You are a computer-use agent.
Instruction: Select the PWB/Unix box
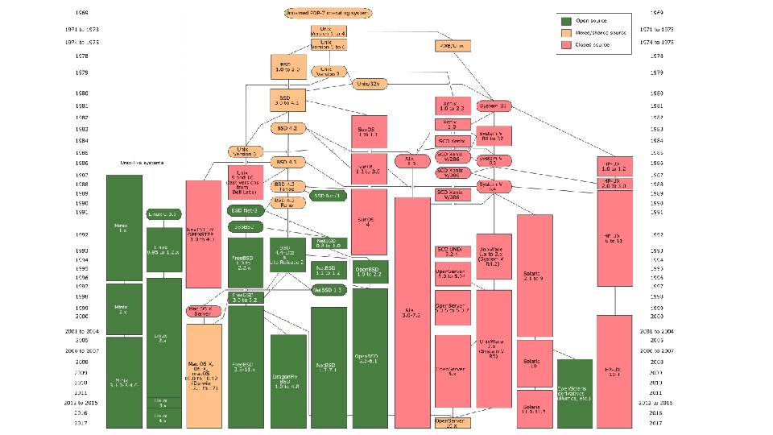click(x=453, y=45)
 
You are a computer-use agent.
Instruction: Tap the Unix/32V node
click(x=372, y=83)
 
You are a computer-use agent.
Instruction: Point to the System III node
click(x=494, y=106)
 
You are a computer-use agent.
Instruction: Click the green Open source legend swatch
click(x=567, y=20)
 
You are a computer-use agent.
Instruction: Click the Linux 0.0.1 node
click(x=163, y=213)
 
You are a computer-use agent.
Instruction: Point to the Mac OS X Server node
click(x=203, y=311)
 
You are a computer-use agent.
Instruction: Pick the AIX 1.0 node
click(x=411, y=161)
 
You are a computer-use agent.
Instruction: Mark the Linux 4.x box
click(x=163, y=419)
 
